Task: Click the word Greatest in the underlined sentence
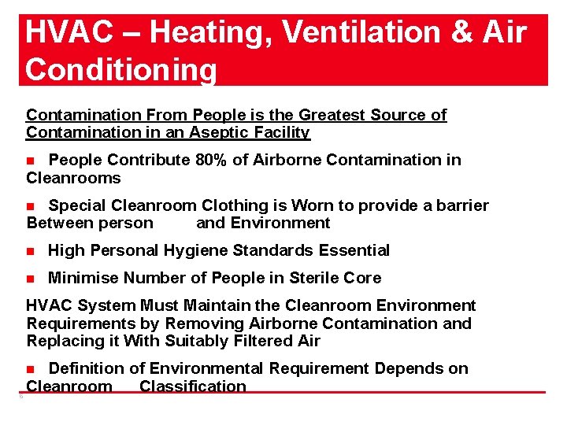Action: click(x=325, y=115)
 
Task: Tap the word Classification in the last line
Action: click(x=193, y=386)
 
